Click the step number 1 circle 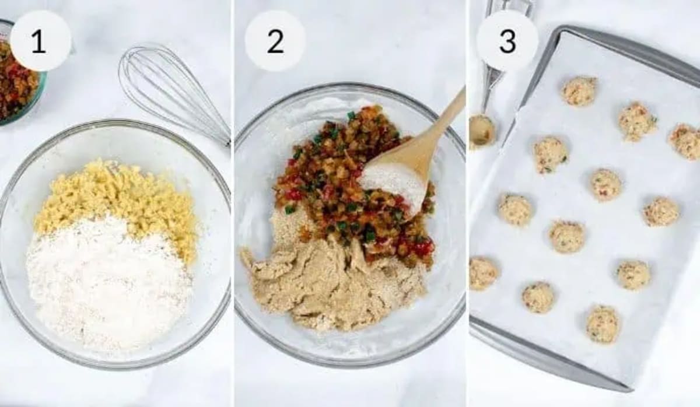click(x=40, y=41)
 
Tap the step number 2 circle click(x=275, y=41)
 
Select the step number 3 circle click(x=507, y=41)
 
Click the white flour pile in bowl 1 click(x=108, y=280)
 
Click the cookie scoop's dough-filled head click(x=482, y=132)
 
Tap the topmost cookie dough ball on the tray click(x=579, y=91)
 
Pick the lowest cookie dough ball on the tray click(x=603, y=324)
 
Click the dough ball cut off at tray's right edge click(x=686, y=142)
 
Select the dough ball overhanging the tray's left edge click(x=483, y=273)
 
